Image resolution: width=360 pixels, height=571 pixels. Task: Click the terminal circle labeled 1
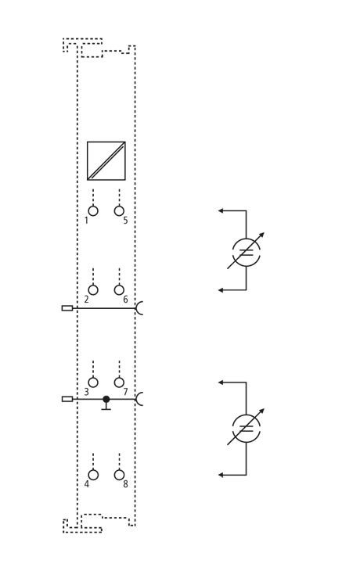(x=93, y=211)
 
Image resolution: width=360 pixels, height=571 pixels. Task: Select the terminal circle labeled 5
(x=119, y=211)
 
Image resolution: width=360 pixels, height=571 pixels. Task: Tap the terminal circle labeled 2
(x=93, y=290)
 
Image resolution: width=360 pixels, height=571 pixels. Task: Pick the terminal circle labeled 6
(x=119, y=290)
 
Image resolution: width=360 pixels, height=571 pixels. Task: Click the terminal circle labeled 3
(x=93, y=382)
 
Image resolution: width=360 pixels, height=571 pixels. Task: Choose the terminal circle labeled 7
(x=119, y=382)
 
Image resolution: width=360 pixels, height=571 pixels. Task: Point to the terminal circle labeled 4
(x=93, y=475)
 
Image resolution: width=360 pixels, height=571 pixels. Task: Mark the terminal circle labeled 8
(x=119, y=475)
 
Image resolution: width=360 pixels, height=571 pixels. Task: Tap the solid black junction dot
(x=106, y=399)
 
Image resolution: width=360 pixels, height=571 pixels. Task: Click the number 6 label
(x=125, y=300)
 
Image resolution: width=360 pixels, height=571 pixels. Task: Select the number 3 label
(x=86, y=392)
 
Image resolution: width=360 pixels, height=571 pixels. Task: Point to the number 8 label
(x=125, y=484)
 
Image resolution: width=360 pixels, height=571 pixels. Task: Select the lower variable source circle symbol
(x=233, y=427)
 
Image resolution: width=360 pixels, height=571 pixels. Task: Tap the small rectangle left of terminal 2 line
(x=67, y=308)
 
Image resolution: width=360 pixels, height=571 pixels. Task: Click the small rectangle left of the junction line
(x=67, y=399)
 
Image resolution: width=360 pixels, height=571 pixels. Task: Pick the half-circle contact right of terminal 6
(x=137, y=308)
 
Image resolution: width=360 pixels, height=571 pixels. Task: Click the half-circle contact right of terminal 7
(x=137, y=399)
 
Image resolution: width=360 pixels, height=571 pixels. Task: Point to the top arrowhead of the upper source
(x=221, y=210)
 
